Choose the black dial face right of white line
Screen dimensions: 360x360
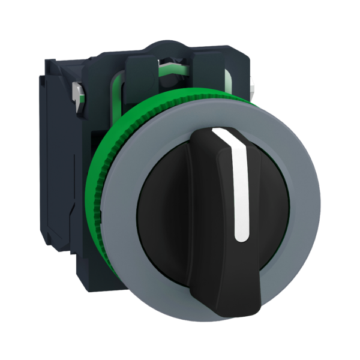click(270, 198)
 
